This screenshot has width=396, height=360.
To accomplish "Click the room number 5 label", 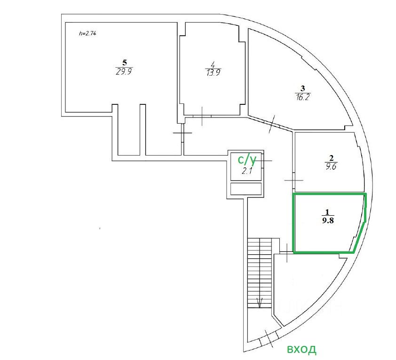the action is click(x=125, y=63).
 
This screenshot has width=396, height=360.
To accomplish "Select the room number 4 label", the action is click(x=213, y=64).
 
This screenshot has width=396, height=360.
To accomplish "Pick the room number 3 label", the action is click(x=303, y=88).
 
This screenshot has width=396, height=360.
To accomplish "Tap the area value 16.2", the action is click(x=303, y=97).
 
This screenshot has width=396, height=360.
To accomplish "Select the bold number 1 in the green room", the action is click(x=328, y=212).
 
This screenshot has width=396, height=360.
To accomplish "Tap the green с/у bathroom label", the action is click(x=247, y=160).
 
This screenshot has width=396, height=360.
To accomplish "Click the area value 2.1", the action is click(x=247, y=171).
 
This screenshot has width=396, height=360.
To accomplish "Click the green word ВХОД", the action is click(x=301, y=350).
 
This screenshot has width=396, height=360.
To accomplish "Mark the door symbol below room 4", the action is click(x=202, y=116).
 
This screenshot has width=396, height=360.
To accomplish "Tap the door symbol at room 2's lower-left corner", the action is click(x=293, y=180).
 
